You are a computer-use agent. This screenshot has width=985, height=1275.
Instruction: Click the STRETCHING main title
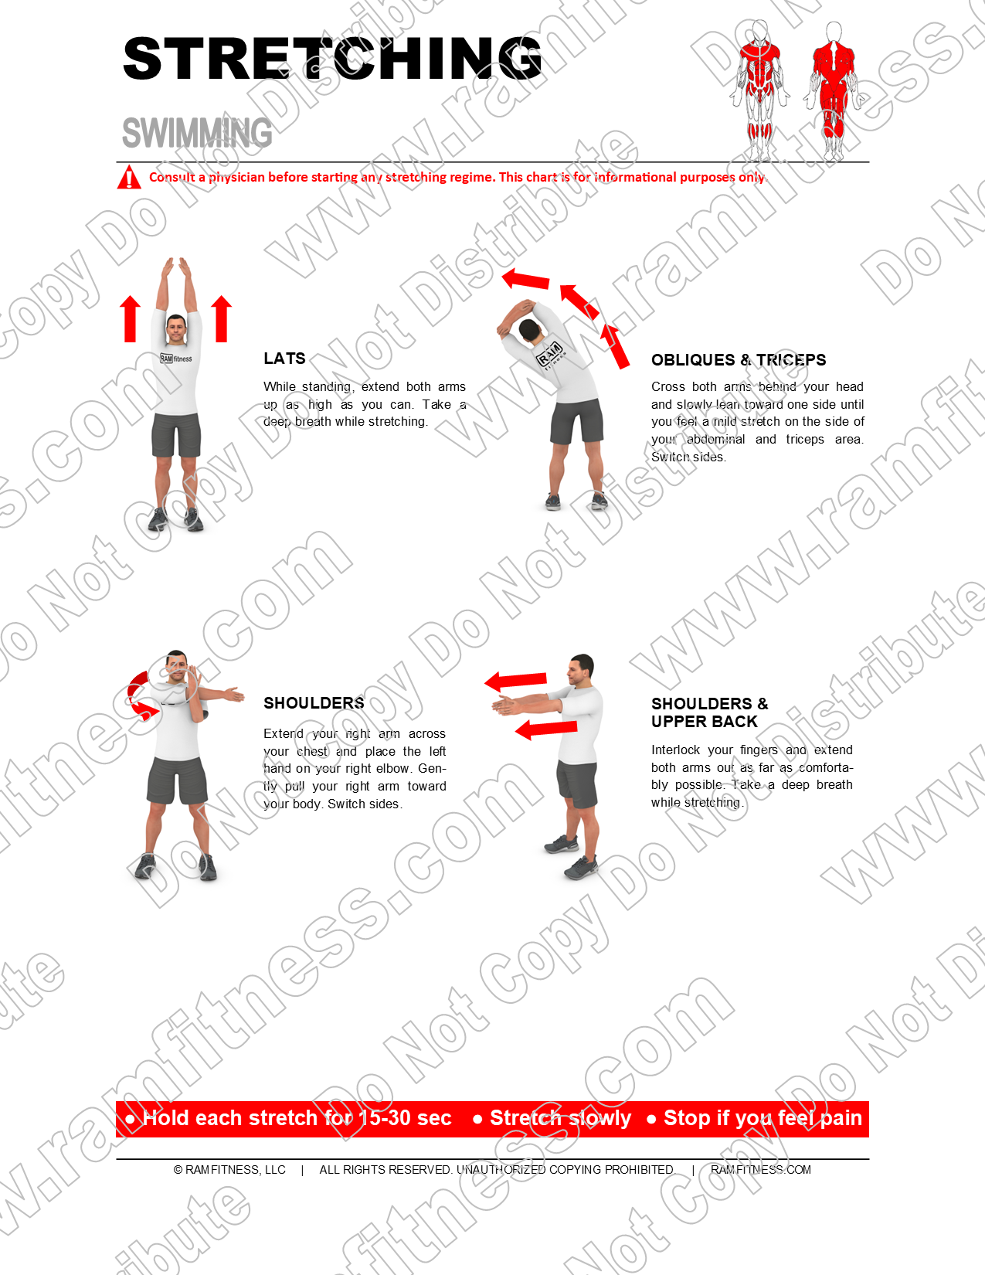[x=332, y=59]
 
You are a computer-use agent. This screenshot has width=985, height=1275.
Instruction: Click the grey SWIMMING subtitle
[x=197, y=133]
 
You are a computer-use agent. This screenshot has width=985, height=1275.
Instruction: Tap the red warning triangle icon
[x=128, y=177]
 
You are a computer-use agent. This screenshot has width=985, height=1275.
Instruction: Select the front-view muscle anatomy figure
[x=760, y=89]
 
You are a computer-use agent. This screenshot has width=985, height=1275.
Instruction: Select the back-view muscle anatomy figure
[x=833, y=89]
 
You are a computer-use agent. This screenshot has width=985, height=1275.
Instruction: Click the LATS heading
[x=284, y=359]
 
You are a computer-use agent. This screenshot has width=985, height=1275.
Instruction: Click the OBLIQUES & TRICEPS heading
[x=738, y=360]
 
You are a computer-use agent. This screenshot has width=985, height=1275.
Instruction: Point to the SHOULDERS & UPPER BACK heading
[x=708, y=712]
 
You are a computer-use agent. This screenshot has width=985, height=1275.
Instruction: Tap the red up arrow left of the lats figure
[x=131, y=318]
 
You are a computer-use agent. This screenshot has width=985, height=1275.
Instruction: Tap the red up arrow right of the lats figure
[x=222, y=318]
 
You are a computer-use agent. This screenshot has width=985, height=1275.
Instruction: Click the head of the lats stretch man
[x=176, y=329]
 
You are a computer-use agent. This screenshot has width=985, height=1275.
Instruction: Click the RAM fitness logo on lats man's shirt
[x=176, y=359]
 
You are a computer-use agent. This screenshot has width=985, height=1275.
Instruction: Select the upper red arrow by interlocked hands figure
[x=515, y=681]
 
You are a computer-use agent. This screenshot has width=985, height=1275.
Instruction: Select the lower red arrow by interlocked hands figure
[x=545, y=729]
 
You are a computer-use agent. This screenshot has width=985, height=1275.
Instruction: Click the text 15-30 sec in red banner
[x=405, y=1118]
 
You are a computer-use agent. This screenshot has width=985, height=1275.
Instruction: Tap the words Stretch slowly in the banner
[x=560, y=1118]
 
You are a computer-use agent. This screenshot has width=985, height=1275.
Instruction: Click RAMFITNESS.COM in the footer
[x=760, y=1170]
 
